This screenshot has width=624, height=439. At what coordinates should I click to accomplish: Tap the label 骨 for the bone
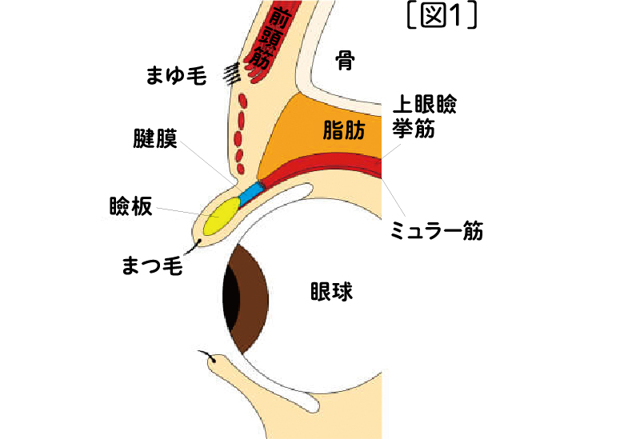coord(345,61)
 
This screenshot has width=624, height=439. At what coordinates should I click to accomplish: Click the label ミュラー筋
coord(435,231)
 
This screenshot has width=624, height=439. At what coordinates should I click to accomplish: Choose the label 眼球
coord(331,293)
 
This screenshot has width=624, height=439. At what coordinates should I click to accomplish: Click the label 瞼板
coord(130,206)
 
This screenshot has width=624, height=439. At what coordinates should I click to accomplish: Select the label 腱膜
coord(154,142)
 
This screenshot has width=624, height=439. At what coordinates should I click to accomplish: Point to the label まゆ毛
coord(177,76)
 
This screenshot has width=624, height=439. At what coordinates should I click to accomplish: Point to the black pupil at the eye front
coord(230,297)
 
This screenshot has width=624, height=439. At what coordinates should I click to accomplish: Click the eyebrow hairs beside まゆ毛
coord(232,74)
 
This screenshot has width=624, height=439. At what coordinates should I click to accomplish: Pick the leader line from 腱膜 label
coord(212,164)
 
